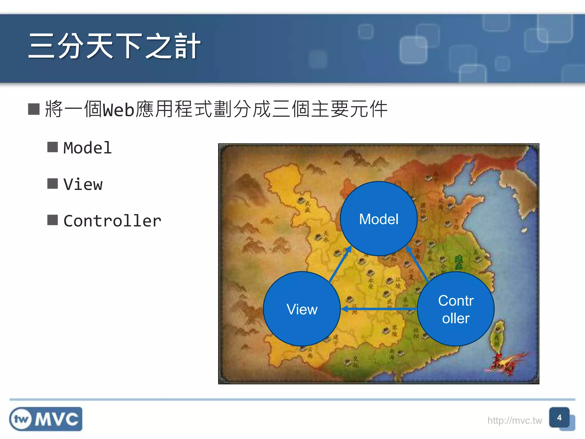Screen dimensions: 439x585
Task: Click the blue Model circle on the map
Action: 378,219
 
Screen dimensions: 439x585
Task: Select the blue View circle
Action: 302,309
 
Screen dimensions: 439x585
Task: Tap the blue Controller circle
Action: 456,309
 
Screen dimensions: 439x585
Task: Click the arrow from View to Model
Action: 340,264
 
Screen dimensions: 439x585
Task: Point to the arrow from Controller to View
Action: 379,309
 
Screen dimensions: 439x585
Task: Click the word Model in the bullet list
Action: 87,148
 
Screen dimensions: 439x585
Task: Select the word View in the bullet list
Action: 83,184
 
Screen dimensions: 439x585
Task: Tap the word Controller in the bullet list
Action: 112,221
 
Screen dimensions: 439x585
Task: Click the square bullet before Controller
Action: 53,220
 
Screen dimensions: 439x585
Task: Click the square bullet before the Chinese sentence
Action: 34,109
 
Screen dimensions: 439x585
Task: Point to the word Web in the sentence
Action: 118,110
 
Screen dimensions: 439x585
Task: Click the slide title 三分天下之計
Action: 114,46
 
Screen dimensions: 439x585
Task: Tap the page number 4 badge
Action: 559,418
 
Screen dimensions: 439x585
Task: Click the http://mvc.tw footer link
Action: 514,420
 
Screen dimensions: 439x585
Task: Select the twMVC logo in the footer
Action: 46,419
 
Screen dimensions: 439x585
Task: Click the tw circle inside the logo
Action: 21,419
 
